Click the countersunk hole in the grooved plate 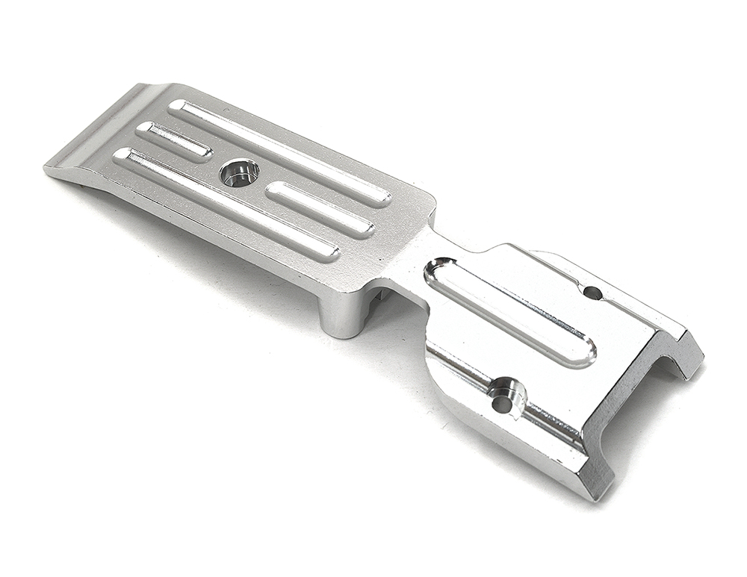239,173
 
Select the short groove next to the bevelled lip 174,140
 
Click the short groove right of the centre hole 320,210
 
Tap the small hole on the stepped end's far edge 592,293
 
